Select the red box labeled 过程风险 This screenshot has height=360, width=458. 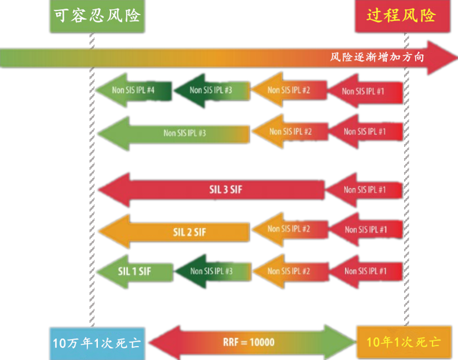400,16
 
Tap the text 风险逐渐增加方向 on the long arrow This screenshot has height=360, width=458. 377,57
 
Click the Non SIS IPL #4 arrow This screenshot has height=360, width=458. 133,90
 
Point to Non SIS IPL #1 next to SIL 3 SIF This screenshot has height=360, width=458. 364,189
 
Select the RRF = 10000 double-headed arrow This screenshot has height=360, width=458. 250,342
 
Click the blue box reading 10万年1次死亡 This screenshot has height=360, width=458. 96,342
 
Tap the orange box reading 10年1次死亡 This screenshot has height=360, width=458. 404,342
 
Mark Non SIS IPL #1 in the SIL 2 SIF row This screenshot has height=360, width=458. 365,229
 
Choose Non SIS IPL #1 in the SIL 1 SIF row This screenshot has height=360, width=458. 365,271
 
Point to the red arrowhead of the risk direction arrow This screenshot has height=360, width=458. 442,57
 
